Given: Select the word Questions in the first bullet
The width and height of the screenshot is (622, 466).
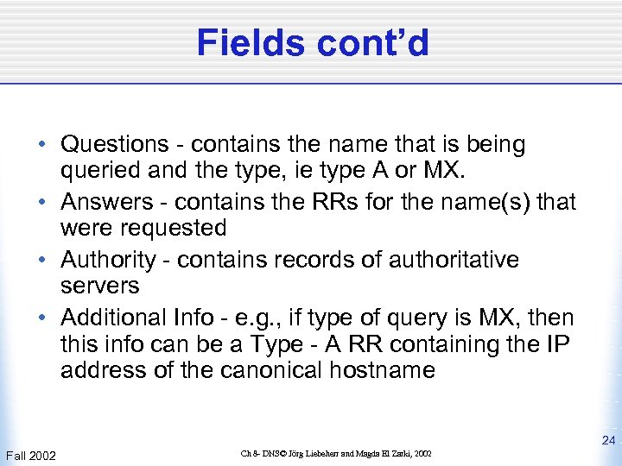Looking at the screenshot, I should click(115, 144).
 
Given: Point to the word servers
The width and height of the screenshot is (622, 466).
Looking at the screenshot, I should click(99, 285).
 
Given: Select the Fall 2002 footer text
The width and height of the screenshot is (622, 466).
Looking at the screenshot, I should click(30, 455).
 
